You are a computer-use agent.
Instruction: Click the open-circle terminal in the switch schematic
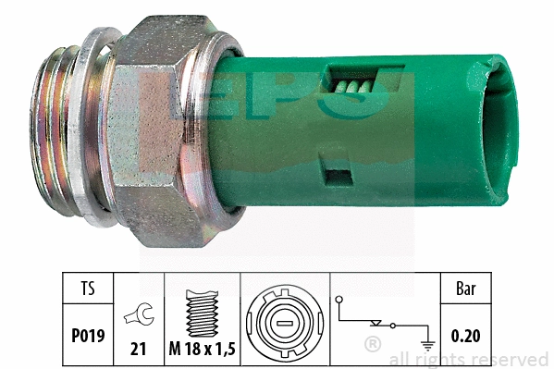tap(340, 300)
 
